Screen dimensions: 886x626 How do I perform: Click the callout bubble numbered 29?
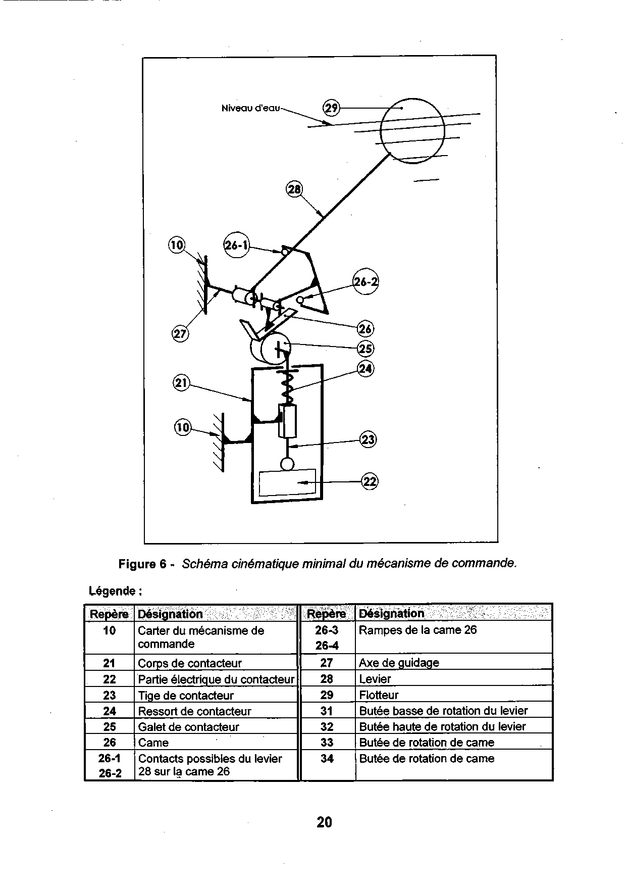pyautogui.click(x=331, y=108)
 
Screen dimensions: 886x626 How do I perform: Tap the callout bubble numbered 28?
pyautogui.click(x=293, y=189)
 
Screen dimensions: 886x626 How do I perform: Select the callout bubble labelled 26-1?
pyautogui.click(x=236, y=245)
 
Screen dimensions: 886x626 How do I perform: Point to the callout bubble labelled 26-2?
pyautogui.click(x=366, y=282)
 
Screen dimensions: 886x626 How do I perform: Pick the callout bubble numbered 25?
pyautogui.click(x=365, y=349)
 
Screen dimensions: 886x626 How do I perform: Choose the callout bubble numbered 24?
pyautogui.click(x=365, y=369)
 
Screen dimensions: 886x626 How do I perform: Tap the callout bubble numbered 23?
pyautogui.click(x=368, y=439)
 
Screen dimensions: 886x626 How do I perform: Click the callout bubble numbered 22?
pyautogui.click(x=370, y=481)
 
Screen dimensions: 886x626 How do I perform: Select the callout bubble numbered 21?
pyautogui.click(x=181, y=383)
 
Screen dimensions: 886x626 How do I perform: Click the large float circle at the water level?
pyautogui.click(x=412, y=131)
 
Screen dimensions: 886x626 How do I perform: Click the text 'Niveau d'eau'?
pyautogui.click(x=250, y=108)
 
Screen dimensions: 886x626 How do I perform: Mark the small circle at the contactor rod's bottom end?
pyautogui.click(x=287, y=464)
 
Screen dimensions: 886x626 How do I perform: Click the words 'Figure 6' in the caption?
pyautogui.click(x=142, y=564)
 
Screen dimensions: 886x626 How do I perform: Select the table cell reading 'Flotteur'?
pyautogui.click(x=379, y=695)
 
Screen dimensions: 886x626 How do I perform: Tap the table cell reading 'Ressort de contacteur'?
pyautogui.click(x=194, y=711)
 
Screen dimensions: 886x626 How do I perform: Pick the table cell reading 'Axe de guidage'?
pyautogui.click(x=399, y=663)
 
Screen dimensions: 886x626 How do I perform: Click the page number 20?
pyautogui.click(x=324, y=822)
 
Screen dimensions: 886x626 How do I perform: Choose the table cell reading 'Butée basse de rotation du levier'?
pyautogui.click(x=443, y=711)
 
